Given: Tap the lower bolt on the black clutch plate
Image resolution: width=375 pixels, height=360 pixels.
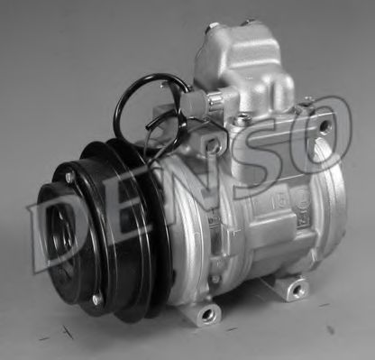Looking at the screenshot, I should point(96,298).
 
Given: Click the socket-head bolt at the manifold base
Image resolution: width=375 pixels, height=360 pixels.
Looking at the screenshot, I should point(242,118).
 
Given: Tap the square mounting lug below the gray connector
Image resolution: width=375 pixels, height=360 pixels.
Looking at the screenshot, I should point(213,143).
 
